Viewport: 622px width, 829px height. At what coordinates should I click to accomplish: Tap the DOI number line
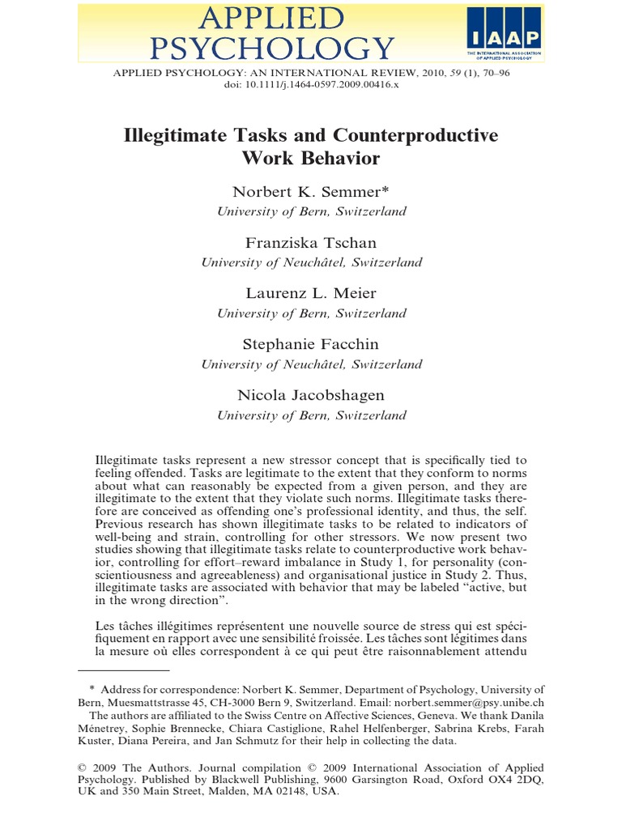[x=312, y=84]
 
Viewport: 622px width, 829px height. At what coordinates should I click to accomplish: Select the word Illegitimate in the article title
[x=177, y=135]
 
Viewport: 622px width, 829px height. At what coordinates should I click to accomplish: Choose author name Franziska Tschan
[x=312, y=244]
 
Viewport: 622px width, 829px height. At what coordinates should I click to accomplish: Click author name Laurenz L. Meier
[x=312, y=294]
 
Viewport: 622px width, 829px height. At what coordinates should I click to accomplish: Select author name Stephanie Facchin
[x=312, y=344]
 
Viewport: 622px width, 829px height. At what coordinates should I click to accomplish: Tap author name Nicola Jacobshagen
[x=312, y=394]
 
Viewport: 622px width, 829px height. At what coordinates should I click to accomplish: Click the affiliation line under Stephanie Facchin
[x=312, y=364]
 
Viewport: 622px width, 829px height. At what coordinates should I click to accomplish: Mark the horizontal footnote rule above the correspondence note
[x=124, y=670]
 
